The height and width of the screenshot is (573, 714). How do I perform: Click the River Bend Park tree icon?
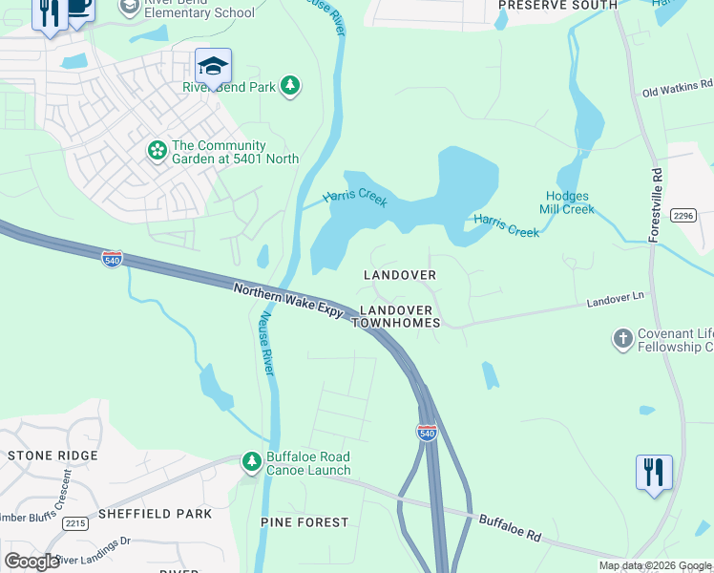coord(291,87)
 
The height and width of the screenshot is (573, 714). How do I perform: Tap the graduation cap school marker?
coord(213,65)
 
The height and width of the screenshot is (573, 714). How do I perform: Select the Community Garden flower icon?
coord(156,151)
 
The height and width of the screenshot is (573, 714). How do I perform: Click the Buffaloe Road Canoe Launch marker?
coord(251,463)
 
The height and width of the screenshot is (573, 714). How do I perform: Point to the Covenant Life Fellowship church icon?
coord(622,339)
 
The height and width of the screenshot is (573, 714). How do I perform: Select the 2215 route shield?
coord(75,523)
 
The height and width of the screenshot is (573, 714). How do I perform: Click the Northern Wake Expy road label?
coord(287,300)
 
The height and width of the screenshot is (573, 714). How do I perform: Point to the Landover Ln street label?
coord(615,300)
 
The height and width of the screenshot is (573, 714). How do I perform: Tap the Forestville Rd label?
coord(657,205)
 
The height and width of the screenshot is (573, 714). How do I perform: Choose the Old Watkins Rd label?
coord(677,92)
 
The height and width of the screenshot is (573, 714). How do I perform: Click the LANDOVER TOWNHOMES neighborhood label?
coord(396,317)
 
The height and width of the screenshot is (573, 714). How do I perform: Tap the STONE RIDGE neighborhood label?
coord(52,456)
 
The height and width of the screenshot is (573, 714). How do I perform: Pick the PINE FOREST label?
coord(304,522)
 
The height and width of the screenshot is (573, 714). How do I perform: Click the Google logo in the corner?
coord(32,562)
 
